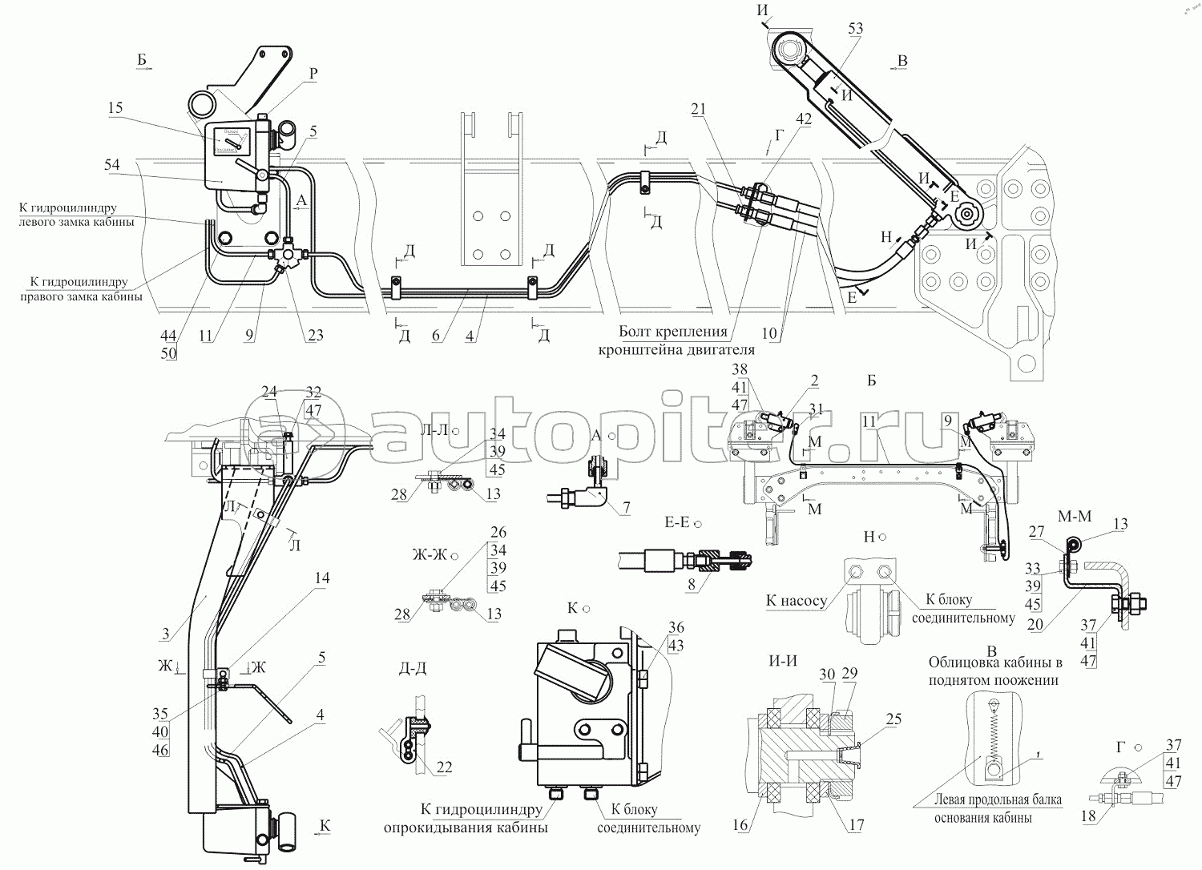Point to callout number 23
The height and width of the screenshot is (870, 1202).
pos(314,335)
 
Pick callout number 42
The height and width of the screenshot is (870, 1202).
pos(803,119)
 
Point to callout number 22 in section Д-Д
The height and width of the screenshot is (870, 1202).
pos(443,767)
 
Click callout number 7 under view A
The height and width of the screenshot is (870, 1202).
pos(626,507)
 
